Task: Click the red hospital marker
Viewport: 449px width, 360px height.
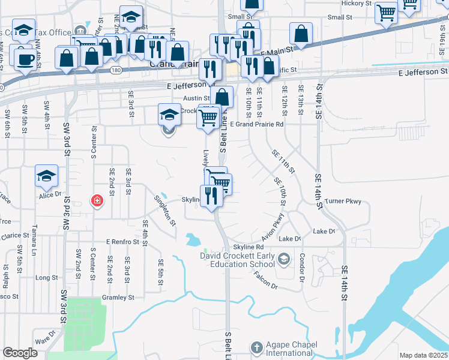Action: [x=96, y=201]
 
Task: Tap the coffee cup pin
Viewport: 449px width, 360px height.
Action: [x=25, y=58]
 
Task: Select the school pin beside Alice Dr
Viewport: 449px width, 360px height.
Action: [x=46, y=176]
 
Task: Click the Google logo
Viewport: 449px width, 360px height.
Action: [x=20, y=353]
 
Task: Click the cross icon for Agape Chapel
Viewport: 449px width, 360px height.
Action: [x=256, y=347]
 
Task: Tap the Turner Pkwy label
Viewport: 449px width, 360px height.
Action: [x=343, y=202]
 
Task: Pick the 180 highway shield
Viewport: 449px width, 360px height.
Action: [x=116, y=71]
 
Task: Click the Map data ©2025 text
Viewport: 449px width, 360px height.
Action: [x=424, y=355]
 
